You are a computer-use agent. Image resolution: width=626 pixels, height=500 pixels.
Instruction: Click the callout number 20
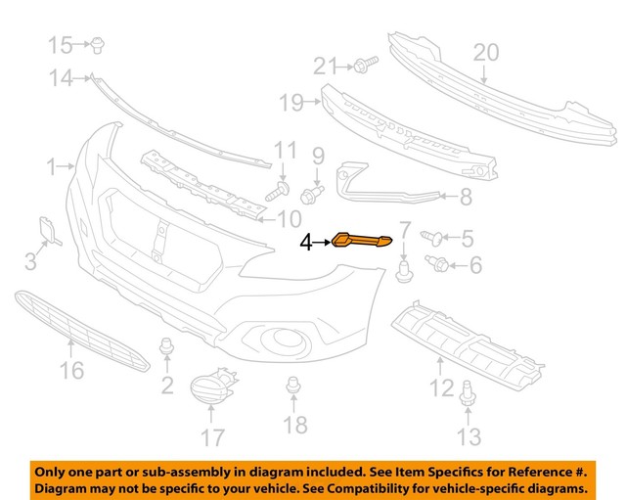pos(486,51)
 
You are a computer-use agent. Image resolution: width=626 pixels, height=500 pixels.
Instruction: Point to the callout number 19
pos(289,102)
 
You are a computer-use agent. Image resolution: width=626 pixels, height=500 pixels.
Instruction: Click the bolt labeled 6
pos(439,263)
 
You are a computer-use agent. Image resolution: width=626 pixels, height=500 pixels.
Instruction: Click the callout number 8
pos(465,198)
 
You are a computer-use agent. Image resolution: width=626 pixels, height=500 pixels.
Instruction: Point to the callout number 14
pos(62,79)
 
